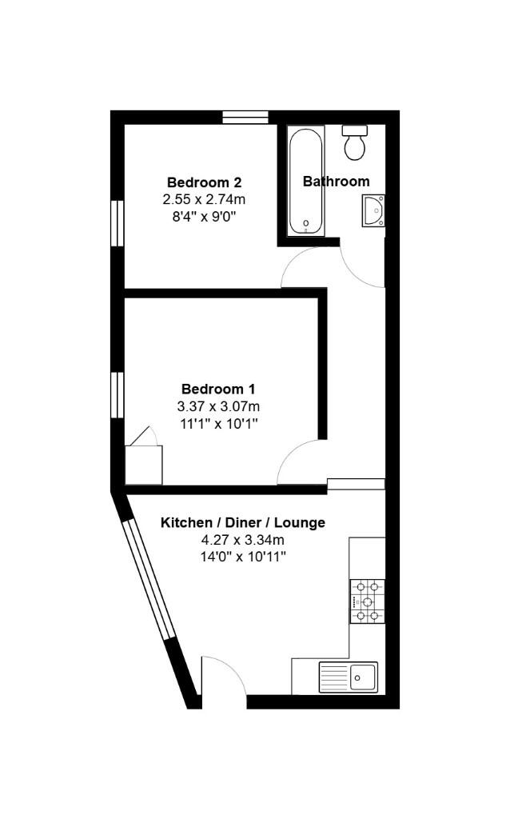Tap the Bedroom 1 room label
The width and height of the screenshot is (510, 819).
click(218, 390)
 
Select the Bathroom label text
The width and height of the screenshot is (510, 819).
click(336, 182)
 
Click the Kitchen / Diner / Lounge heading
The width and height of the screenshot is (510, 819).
click(243, 523)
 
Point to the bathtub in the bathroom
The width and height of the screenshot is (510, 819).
click(306, 182)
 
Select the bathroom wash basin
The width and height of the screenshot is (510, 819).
click(373, 210)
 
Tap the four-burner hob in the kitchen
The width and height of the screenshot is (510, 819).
click(367, 601)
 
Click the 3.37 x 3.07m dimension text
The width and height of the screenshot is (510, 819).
click(218, 406)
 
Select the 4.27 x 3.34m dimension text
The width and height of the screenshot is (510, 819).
click(243, 540)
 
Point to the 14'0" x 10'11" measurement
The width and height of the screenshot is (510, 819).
click(243, 557)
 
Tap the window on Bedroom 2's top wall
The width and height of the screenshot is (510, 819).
click(245, 118)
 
